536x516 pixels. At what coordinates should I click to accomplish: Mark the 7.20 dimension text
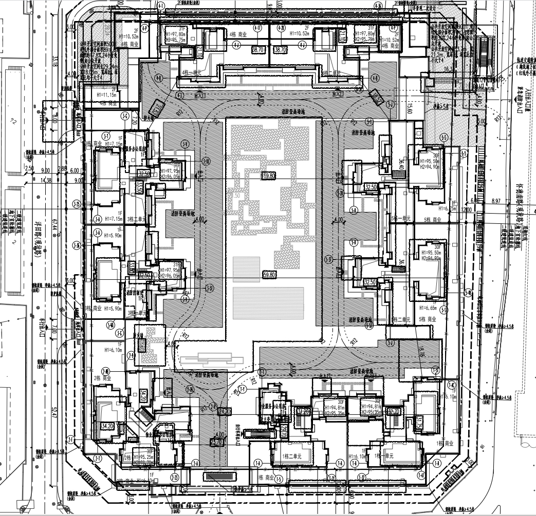(x=135, y=122)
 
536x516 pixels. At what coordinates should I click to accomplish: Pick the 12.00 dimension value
(x=466, y=209)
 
